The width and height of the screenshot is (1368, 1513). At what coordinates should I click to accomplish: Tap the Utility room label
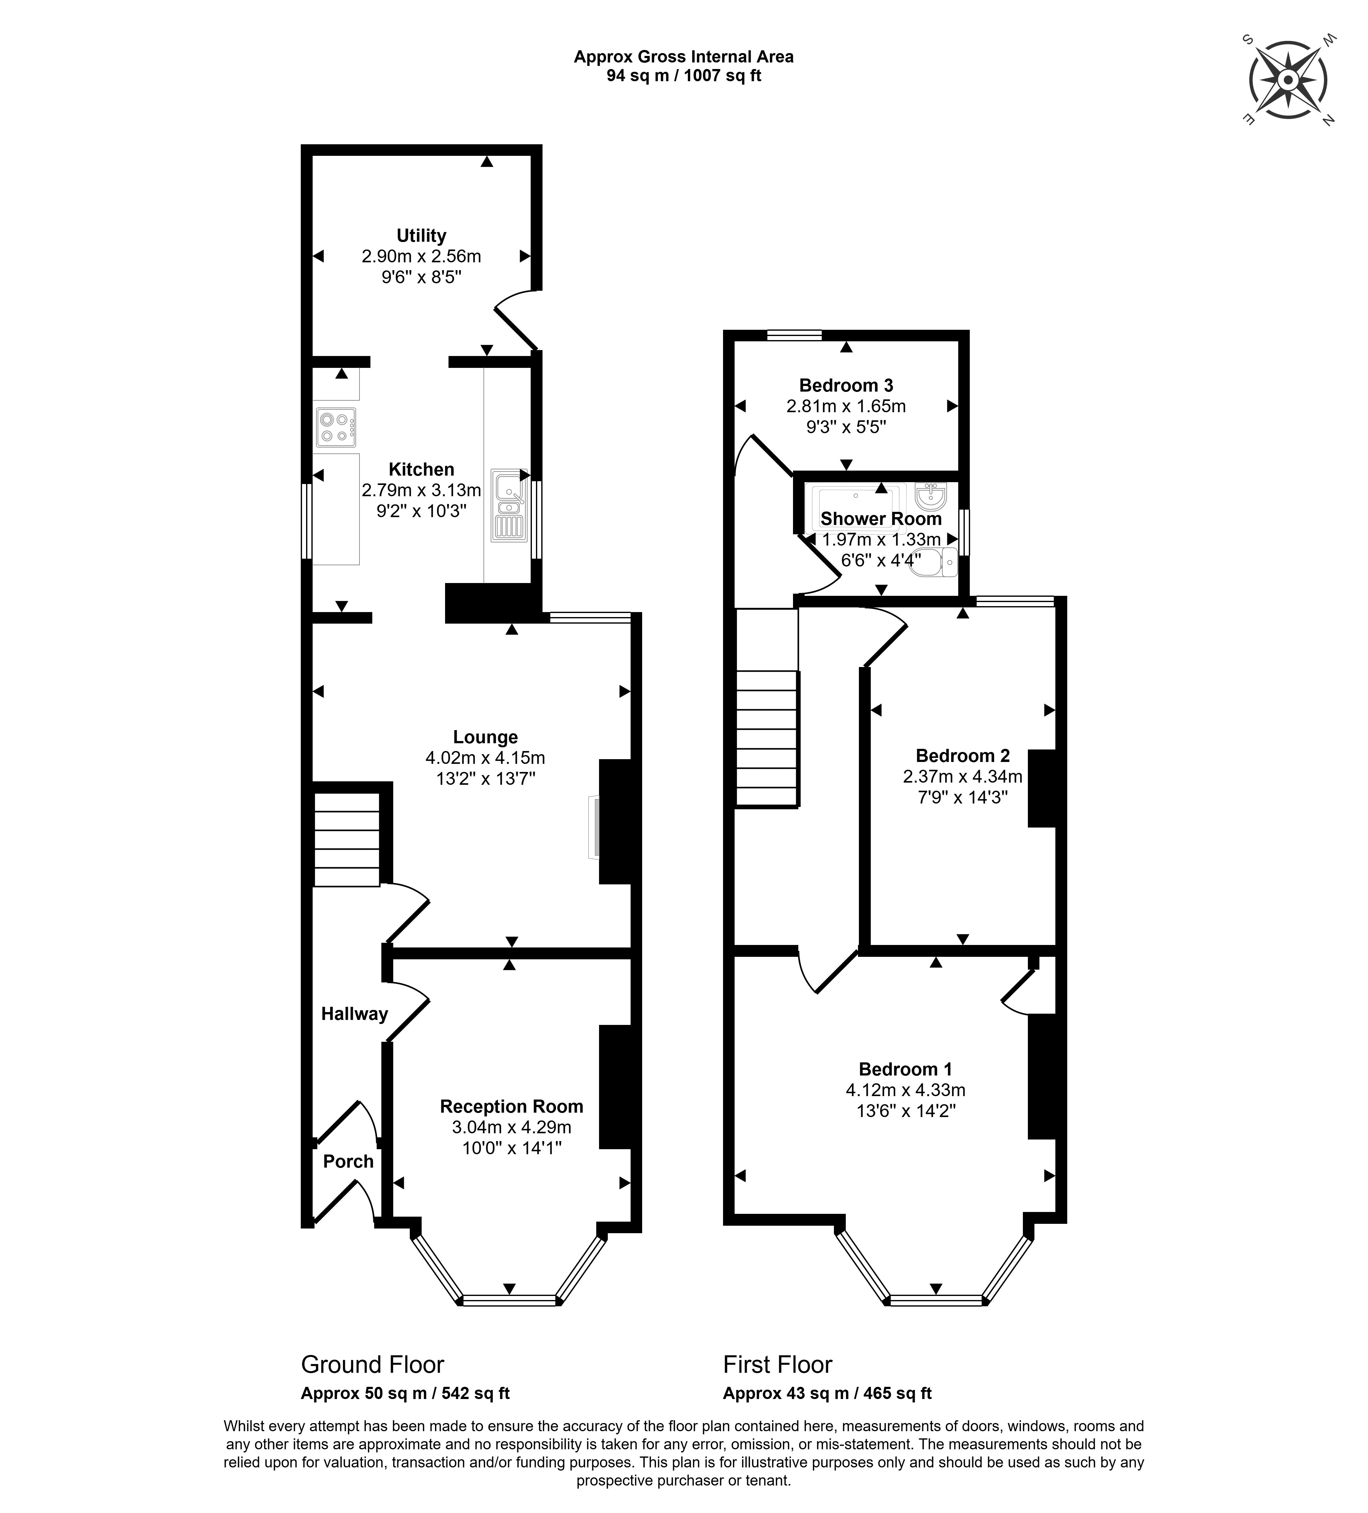[x=421, y=236]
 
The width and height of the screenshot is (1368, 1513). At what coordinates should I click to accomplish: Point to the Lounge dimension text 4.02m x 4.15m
[x=485, y=758]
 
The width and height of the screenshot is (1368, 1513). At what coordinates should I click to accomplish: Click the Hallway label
[x=354, y=1014]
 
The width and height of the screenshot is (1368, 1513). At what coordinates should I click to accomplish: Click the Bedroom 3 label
[x=846, y=386]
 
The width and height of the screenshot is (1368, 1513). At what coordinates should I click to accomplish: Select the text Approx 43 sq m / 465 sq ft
[x=827, y=1393]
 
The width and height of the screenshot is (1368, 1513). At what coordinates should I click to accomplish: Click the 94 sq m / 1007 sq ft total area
[x=684, y=76]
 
